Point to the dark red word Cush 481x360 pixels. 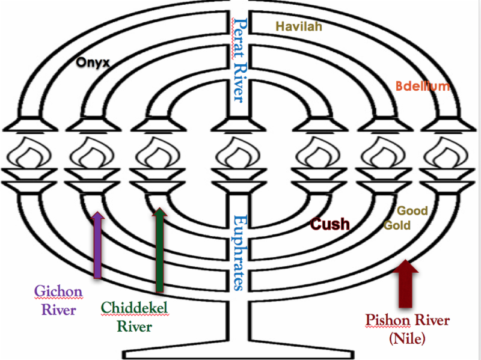[x=329, y=224]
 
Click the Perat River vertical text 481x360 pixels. [x=240, y=59]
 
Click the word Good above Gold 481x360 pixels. [x=412, y=211]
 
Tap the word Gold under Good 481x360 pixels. [x=397, y=226]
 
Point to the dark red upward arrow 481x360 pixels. [x=405, y=283]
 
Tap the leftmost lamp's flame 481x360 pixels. [x=24, y=155]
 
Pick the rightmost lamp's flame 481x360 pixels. [x=451, y=155]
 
